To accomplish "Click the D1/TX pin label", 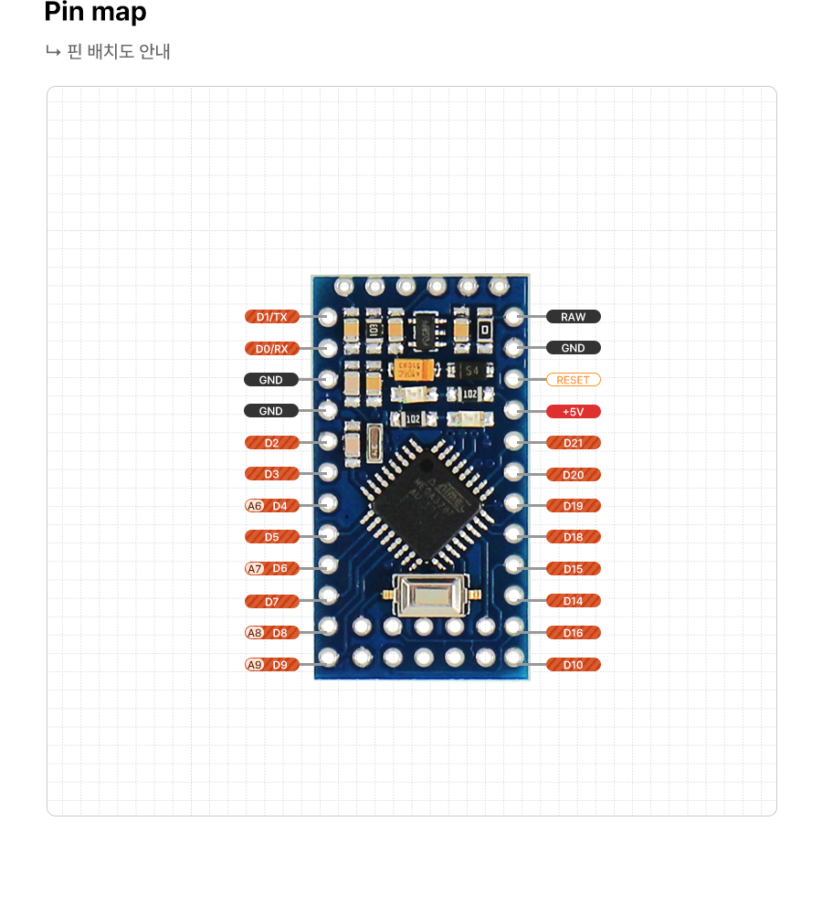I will pos(271,317).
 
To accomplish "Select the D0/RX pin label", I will pos(271,348).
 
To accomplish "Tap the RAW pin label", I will pos(573,317).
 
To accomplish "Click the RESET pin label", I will pos(573,379).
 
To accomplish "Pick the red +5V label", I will pos(573,411).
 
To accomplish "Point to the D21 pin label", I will pos(573,443).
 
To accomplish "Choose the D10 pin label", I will pos(573,665).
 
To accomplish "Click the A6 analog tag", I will pos(255,506).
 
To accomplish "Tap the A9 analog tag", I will pos(255,665).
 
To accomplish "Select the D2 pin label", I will pos(271,443).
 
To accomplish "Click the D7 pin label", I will pos(271,602).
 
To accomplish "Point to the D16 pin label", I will pos(573,633).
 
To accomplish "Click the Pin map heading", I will pos(95,13).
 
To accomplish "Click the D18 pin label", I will pos(573,537).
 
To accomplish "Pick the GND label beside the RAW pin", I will pos(573,348).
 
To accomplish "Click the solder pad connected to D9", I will pos(329,657).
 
